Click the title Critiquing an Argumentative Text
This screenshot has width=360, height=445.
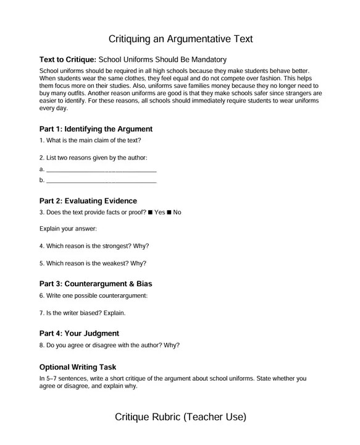pyautogui.click(x=180, y=39)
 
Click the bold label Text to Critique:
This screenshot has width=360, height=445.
pyautogui.click(x=67, y=60)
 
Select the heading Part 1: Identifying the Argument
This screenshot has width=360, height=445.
pyautogui.click(x=96, y=129)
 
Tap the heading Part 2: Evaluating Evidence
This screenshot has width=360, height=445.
pyautogui.click(x=88, y=201)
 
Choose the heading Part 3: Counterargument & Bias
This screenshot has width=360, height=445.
pyautogui.click(x=95, y=284)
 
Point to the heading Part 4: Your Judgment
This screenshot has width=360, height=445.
pyautogui.click(x=79, y=334)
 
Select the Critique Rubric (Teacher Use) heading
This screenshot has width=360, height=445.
pyautogui.click(x=180, y=417)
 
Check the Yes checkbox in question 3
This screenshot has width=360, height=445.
pyautogui.click(x=151, y=213)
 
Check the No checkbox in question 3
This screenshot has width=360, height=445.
pyautogui.click(x=169, y=213)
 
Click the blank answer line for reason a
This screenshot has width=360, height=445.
pyautogui.click(x=101, y=169)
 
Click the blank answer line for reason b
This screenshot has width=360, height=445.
pyautogui.click(x=101, y=180)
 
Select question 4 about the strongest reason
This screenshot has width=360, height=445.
pyautogui.click(x=94, y=245)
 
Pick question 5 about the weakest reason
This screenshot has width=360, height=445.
pyautogui.click(x=93, y=263)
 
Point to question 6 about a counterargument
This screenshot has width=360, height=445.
pyautogui.click(x=93, y=296)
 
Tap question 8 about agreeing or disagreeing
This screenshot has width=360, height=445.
pyautogui.click(x=109, y=345)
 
